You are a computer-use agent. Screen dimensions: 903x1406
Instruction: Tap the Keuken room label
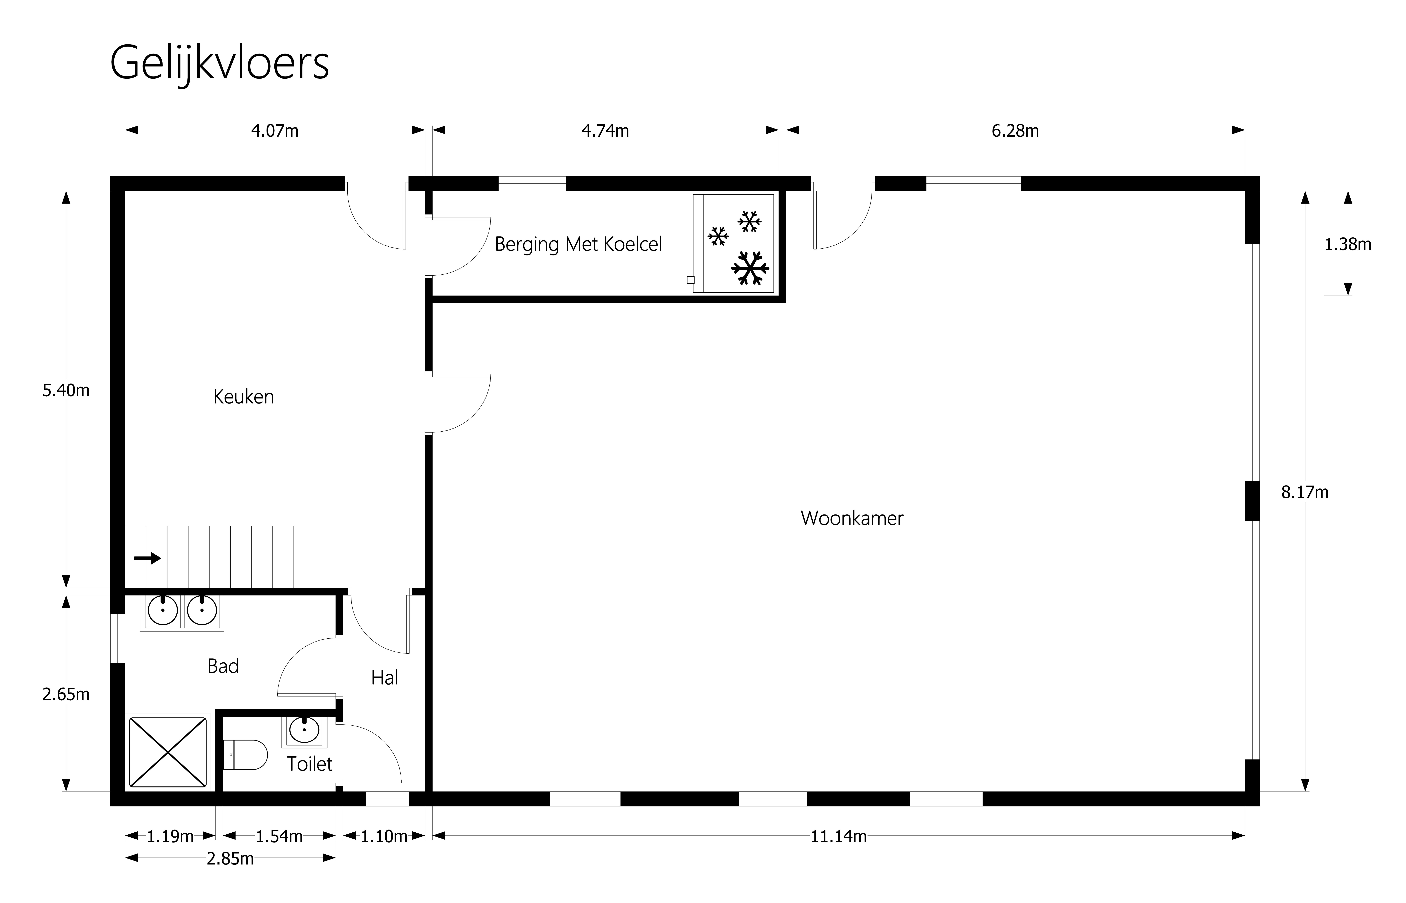point(243,397)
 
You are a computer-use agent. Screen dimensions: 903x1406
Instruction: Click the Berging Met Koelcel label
point(578,244)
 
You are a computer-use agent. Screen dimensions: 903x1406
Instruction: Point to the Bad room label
point(223,666)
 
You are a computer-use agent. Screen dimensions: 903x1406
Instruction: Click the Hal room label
point(384,678)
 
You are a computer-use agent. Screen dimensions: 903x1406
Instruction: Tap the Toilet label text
point(309,764)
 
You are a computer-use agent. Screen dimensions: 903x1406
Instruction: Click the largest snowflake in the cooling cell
point(750,268)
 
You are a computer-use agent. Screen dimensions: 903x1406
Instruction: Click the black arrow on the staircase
point(147,558)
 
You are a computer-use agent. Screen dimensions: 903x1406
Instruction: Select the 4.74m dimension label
point(605,131)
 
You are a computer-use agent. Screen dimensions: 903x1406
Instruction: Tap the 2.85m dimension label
point(230,859)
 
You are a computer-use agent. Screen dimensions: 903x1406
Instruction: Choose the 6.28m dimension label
point(1015,131)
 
